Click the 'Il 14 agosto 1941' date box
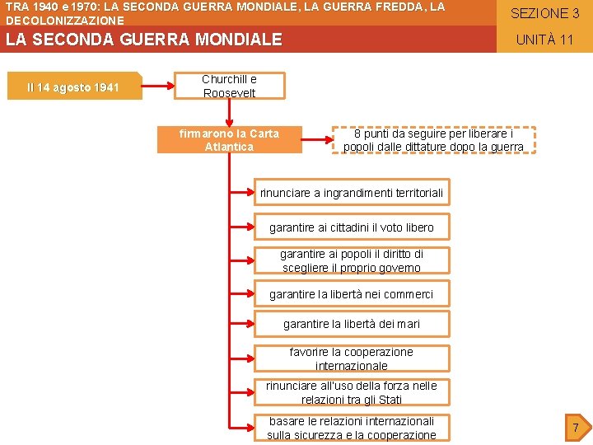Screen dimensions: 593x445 click(73, 87)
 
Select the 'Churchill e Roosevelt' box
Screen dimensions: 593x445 click(230, 86)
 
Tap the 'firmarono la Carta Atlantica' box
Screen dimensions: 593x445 click(230, 139)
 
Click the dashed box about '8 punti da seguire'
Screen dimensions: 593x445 click(433, 140)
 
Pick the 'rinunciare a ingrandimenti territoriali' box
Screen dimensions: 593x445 click(352, 193)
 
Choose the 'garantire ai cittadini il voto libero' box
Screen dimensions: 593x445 click(352, 227)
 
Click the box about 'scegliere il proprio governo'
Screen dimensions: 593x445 click(352, 260)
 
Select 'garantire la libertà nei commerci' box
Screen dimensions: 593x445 click(352, 294)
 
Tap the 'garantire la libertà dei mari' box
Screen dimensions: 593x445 click(352, 324)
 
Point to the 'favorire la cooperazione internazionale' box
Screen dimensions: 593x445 click(352, 358)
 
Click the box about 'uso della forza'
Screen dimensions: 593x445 click(352, 392)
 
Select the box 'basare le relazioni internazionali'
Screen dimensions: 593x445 click(352, 428)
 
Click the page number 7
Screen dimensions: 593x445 click(576, 427)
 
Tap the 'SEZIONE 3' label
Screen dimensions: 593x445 click(544, 13)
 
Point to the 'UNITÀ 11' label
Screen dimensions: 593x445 click(544, 40)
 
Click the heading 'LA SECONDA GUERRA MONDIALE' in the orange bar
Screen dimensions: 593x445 click(144, 40)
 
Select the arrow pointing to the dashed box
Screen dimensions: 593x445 click(316, 140)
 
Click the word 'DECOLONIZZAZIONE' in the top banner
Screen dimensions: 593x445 click(65, 20)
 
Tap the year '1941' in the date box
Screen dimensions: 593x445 click(106, 87)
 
